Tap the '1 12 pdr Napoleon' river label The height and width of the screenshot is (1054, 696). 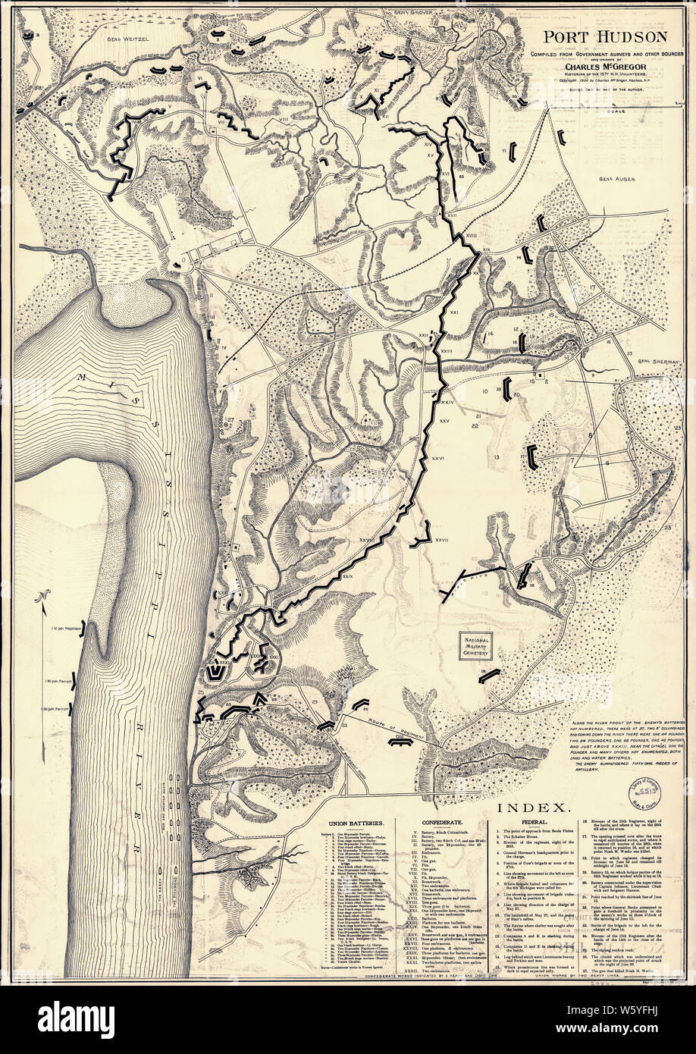coord(63,629)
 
